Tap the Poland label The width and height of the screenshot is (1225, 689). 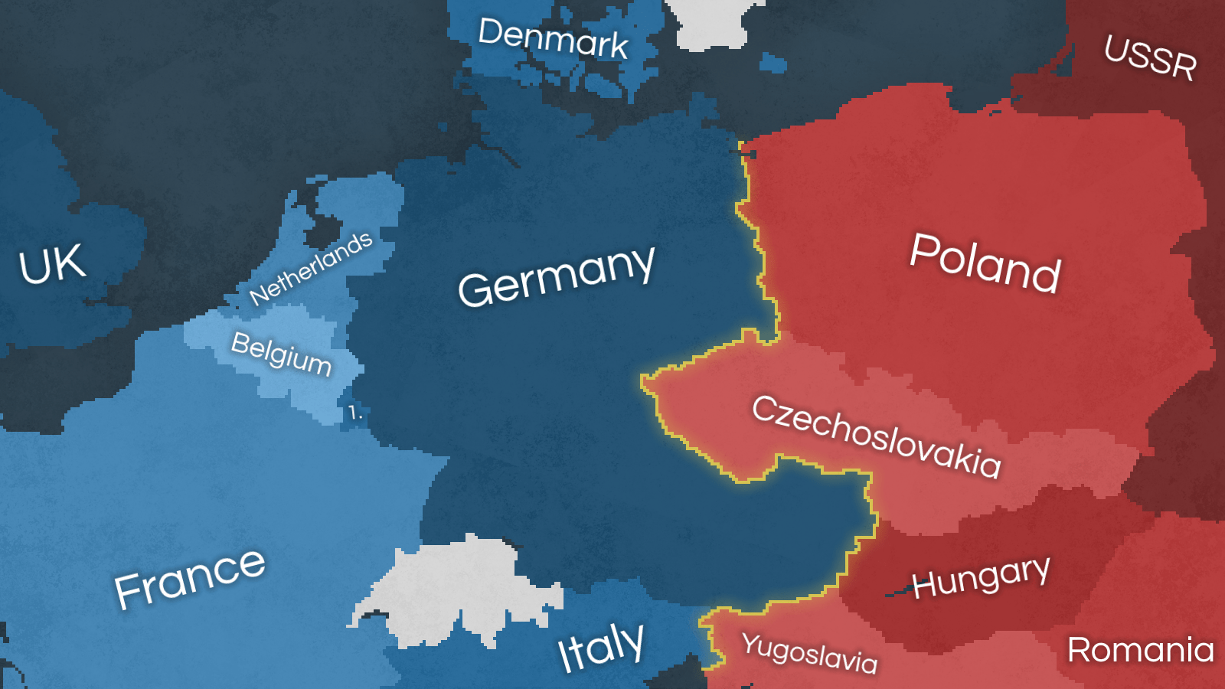point(985,263)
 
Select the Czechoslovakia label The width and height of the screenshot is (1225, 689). point(876,437)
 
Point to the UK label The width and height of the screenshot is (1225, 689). point(52,265)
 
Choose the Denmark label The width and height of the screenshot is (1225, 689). point(553,38)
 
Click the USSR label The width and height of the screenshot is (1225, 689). point(1150,57)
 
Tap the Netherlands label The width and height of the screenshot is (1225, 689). point(311,268)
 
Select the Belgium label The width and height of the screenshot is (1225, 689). point(281,354)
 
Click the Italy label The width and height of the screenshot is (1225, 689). point(601,647)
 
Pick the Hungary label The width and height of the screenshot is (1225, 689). point(981,576)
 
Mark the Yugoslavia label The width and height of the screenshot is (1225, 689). point(809,653)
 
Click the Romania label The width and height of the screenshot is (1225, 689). point(1140,650)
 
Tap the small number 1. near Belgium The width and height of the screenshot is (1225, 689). point(354,413)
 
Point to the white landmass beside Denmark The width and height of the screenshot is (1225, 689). point(708,23)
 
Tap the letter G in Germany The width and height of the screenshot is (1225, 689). point(475,289)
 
